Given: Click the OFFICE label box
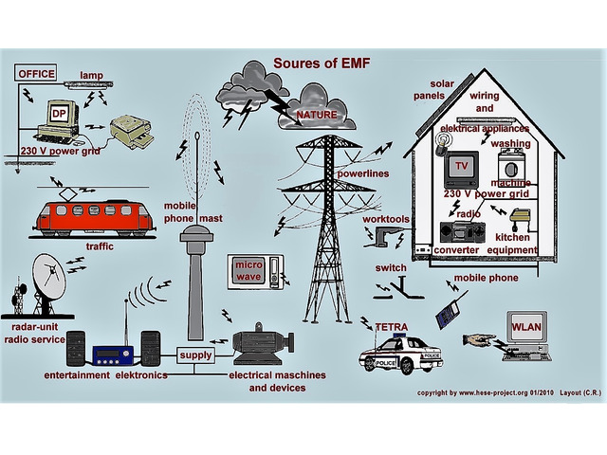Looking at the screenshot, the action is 36,73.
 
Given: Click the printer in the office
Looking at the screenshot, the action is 131,132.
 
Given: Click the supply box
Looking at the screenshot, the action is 196,355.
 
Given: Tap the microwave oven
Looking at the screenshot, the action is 255,272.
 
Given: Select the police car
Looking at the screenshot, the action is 400,354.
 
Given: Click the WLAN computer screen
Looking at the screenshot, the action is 526,327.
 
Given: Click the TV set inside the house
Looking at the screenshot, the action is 461,170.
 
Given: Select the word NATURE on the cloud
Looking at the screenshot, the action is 317,115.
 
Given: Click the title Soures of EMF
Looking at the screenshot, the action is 322,63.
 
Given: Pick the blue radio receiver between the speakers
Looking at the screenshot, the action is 113,355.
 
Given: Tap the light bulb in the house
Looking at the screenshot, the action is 442,144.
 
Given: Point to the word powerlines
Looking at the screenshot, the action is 363,173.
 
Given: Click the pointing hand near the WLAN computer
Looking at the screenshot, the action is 479,340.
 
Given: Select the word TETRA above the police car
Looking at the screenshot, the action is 392,327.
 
